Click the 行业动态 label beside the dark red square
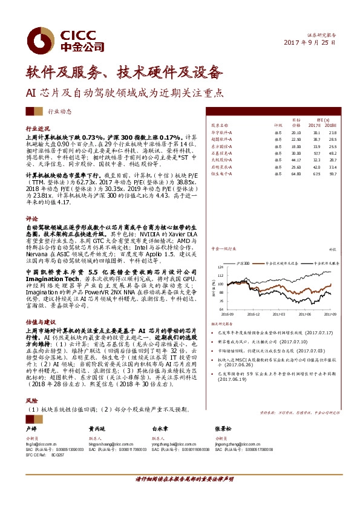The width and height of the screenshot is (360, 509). [59, 112]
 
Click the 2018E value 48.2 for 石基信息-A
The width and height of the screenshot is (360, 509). [332, 154]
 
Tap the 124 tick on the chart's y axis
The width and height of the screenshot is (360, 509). [220, 267]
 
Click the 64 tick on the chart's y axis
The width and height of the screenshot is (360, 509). [221, 309]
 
